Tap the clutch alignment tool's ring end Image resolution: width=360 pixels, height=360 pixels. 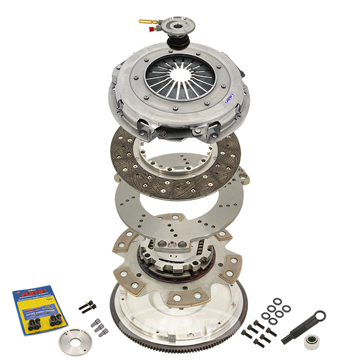tap(319, 316)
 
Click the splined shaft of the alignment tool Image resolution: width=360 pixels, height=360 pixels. tap(298, 330)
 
